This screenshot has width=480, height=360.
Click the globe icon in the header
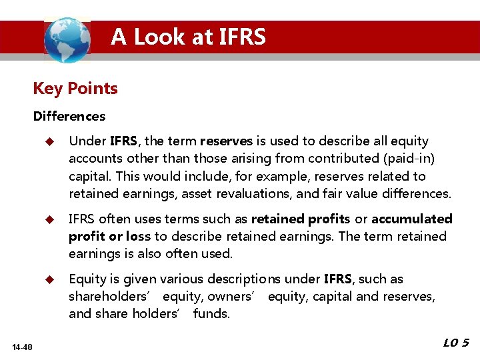click(x=67, y=39)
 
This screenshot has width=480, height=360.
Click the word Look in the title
click(x=162, y=37)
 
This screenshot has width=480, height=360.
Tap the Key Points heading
click(x=75, y=89)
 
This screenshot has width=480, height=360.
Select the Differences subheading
click(x=69, y=117)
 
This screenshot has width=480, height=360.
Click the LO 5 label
click(x=456, y=343)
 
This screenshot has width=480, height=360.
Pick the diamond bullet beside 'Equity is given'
click(x=48, y=279)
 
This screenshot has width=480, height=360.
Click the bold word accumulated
click(x=412, y=219)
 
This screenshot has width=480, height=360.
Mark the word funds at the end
click(x=211, y=314)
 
